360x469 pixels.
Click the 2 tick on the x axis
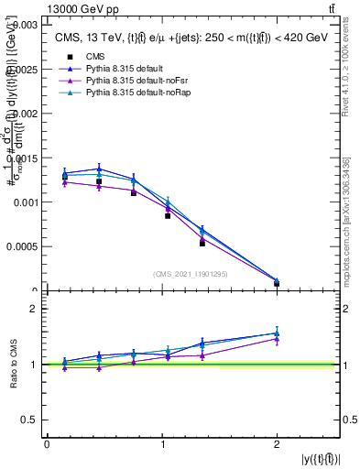point(277,443)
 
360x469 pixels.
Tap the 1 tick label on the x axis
point(162,443)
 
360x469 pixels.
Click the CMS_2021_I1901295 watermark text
point(191,274)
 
